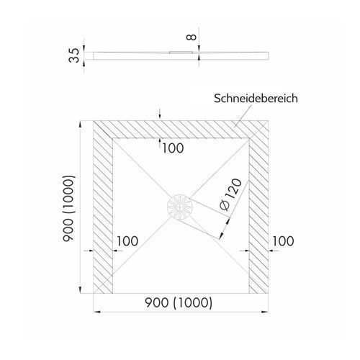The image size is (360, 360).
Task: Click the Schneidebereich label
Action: click(256, 99)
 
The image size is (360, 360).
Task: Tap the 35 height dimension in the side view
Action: click(74, 55)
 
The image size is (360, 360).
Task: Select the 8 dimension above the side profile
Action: click(192, 37)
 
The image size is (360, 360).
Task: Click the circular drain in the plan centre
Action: click(180, 207)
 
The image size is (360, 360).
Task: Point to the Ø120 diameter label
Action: click(231, 195)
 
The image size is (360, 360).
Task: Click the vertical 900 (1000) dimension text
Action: click(69, 209)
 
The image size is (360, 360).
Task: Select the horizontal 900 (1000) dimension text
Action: click(179, 303)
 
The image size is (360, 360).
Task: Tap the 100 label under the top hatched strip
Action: click(173, 148)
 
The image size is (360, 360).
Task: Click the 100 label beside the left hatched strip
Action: click(127, 241)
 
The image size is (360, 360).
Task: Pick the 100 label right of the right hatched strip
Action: click(283, 241)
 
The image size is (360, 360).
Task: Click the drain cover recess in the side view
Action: click(181, 52)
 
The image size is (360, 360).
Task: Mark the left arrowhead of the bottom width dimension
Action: click(96, 312)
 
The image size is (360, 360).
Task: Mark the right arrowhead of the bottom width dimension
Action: click(265, 312)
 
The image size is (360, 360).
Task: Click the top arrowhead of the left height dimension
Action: click(81, 125)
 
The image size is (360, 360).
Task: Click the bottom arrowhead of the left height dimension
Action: click(81, 289)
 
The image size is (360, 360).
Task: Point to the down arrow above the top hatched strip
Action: click(160, 114)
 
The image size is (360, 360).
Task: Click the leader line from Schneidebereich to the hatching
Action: click(243, 116)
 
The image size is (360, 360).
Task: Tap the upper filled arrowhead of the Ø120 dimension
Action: click(228, 221)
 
